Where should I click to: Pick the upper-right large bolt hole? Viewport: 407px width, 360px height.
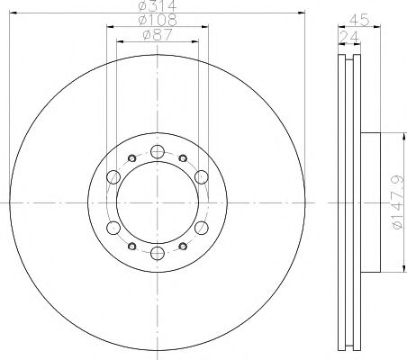pos(201,176)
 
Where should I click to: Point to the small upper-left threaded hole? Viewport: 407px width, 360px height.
pos(131,158)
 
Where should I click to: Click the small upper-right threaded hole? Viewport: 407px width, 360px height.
pos(182,158)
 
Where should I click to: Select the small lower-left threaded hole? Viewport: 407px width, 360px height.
pos(131,245)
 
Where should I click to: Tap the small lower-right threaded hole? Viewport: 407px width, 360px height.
pos(182,245)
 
